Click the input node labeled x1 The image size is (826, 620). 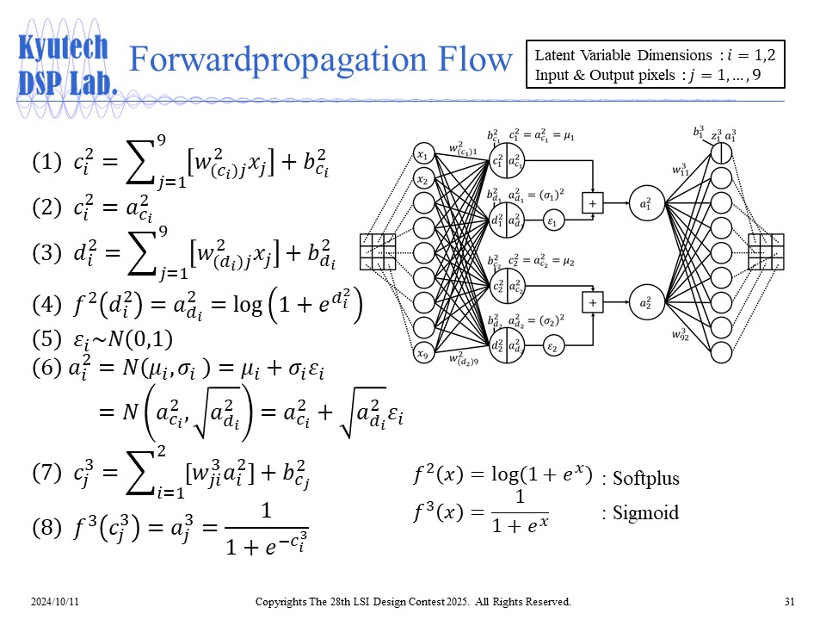tap(422, 155)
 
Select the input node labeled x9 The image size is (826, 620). tap(422, 352)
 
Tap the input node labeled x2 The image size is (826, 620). tap(422, 179)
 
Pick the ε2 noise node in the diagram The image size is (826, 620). tap(553, 347)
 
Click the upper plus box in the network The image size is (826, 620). tap(593, 203)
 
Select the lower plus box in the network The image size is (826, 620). tap(593, 302)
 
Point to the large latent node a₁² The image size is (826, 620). tap(646, 203)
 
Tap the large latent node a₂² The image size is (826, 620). tap(646, 302)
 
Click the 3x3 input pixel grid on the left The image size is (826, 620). tap(377, 251)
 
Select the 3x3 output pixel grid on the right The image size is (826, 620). tap(766, 251)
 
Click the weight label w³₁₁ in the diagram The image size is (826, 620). tap(682, 170)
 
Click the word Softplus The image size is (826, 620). tap(645, 479)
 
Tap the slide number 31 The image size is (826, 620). tap(790, 600)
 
